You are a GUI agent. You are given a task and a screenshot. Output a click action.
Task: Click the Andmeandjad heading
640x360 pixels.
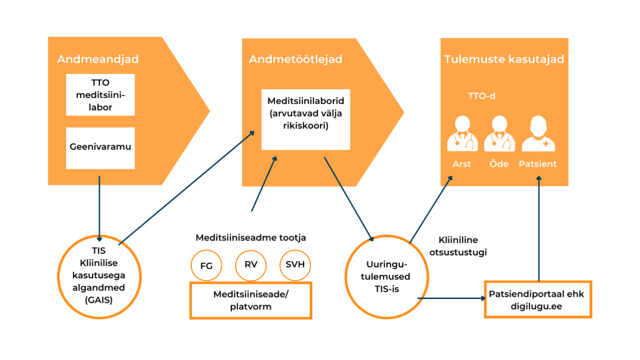pos(97,59)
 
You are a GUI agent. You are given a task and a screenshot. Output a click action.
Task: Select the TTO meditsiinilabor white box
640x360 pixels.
pos(100,95)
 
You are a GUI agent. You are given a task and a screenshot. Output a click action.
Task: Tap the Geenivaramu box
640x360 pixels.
pos(100,148)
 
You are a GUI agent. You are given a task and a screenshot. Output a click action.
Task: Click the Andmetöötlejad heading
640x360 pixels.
pos(295,59)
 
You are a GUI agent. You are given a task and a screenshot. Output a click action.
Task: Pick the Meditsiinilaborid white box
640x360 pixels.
pos(306,119)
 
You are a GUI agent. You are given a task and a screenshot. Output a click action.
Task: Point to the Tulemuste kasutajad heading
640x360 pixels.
pos(504,59)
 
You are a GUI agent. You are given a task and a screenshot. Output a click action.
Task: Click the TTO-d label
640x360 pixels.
pos(481,97)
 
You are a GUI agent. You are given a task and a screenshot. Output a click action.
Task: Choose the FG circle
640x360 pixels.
pos(206,265)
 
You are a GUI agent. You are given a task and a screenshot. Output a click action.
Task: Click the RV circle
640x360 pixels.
pos(251,265)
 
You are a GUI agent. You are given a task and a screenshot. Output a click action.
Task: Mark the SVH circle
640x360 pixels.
pos(295,265)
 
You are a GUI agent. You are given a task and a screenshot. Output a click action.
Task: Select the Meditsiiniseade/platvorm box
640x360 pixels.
pos(250,300)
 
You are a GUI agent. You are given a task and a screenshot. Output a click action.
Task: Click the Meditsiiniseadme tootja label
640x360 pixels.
pos(250,238)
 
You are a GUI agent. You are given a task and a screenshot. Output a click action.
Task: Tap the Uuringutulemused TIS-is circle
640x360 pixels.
pos(382,277)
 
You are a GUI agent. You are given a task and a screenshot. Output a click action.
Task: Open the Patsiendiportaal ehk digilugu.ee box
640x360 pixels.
pos(538,299)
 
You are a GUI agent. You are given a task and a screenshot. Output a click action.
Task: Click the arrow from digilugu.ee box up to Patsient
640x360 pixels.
pos(538,230)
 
